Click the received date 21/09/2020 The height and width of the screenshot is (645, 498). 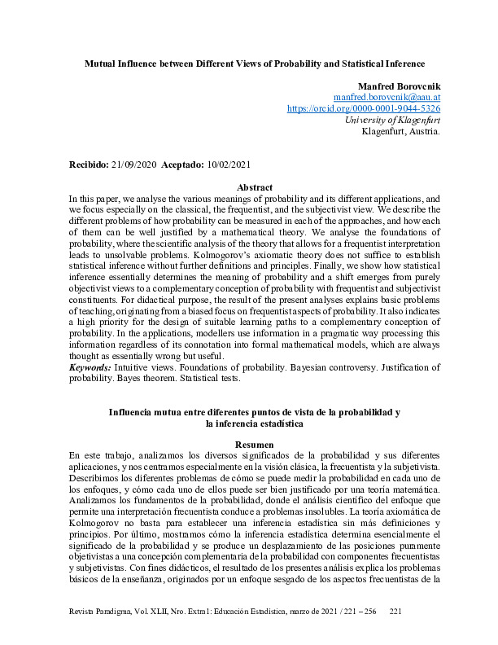[x=135, y=165]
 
